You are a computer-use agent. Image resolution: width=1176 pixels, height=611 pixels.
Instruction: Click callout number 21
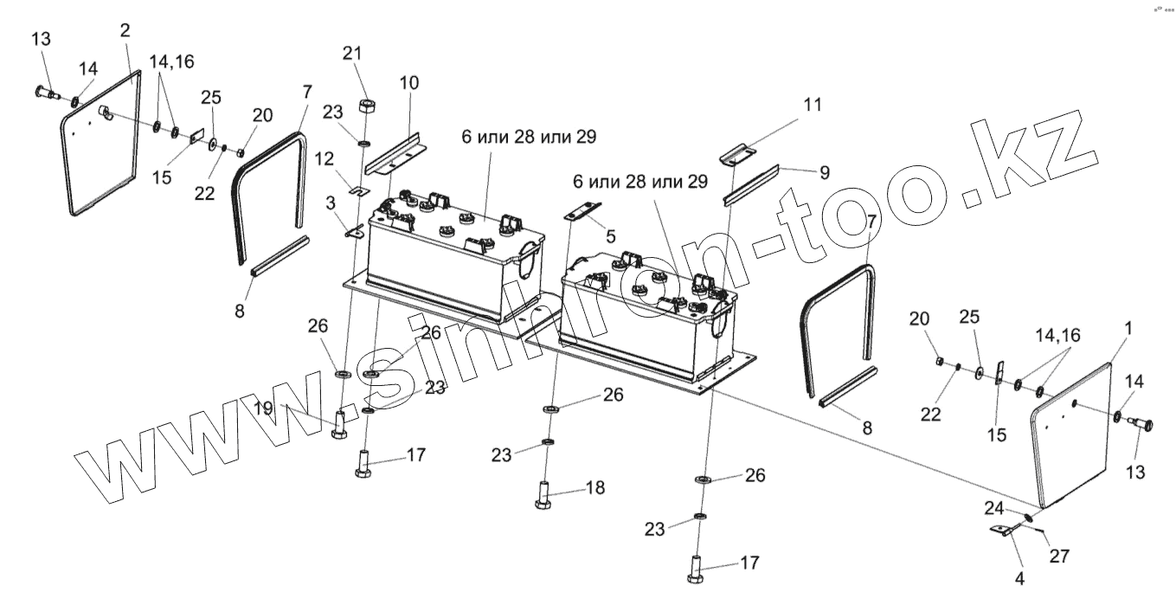pos(350,54)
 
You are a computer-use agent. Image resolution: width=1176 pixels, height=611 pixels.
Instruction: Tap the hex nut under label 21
pos(366,106)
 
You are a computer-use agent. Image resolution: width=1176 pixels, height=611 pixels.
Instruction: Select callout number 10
pos(408,83)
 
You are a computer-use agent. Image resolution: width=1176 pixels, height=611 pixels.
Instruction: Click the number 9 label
pos(825,172)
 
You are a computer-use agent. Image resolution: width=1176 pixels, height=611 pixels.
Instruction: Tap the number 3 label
pos(331,202)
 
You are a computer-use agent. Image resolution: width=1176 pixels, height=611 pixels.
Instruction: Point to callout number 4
pos(1019,579)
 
